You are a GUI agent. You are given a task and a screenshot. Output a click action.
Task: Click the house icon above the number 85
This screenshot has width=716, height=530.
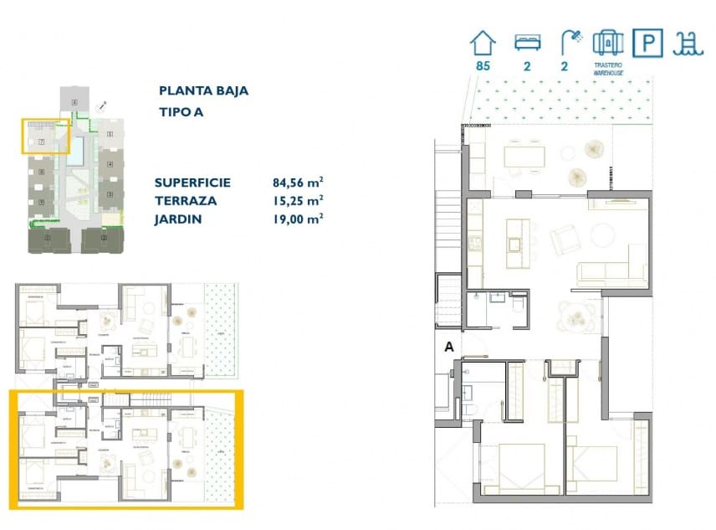point(483,41)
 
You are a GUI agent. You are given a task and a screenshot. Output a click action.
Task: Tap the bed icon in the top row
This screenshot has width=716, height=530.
point(527,41)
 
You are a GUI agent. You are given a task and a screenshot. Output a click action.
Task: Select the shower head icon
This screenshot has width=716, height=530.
point(571,39)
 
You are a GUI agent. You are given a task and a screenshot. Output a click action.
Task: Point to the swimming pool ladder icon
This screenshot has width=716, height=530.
point(688,43)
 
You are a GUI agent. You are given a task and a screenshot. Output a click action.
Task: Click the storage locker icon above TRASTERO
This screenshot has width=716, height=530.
point(608,41)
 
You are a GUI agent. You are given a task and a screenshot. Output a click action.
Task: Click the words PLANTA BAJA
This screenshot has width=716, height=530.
point(203,91)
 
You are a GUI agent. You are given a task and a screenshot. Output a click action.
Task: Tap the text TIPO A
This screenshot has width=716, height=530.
point(181,111)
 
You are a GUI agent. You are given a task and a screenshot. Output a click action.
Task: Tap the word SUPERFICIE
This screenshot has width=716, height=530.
point(192,183)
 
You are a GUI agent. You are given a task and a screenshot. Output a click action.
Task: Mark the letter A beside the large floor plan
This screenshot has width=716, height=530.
point(449,345)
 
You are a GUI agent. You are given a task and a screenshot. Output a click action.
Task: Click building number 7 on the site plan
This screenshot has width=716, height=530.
point(40,142)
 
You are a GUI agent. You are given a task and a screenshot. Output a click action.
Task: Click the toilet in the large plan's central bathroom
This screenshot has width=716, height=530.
point(517,308)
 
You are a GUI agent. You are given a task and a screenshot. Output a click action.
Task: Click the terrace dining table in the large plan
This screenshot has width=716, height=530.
point(524,156)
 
